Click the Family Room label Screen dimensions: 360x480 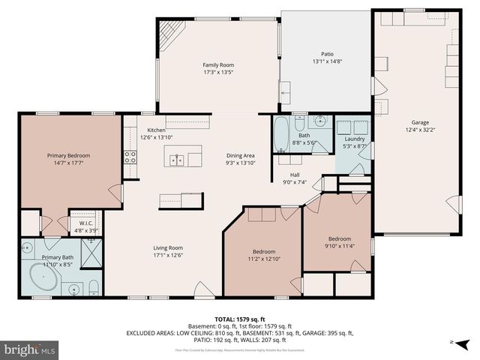tap(218, 65)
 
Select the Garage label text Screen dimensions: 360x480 tap(420, 122)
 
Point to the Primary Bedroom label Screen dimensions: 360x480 tap(68, 155)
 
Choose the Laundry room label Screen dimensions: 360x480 tap(354, 139)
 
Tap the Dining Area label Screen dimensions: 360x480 tap(241, 155)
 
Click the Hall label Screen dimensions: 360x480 tap(295, 174)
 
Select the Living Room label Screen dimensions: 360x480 tap(169, 248)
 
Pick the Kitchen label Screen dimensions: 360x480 tap(157, 130)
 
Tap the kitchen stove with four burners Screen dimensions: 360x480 tap(130, 157)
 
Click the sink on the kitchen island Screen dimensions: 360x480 tap(178, 159)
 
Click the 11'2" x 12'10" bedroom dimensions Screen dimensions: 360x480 tap(263, 259)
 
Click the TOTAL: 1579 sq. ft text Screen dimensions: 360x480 tap(241, 319)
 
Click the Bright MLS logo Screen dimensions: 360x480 tap(30, 349)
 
